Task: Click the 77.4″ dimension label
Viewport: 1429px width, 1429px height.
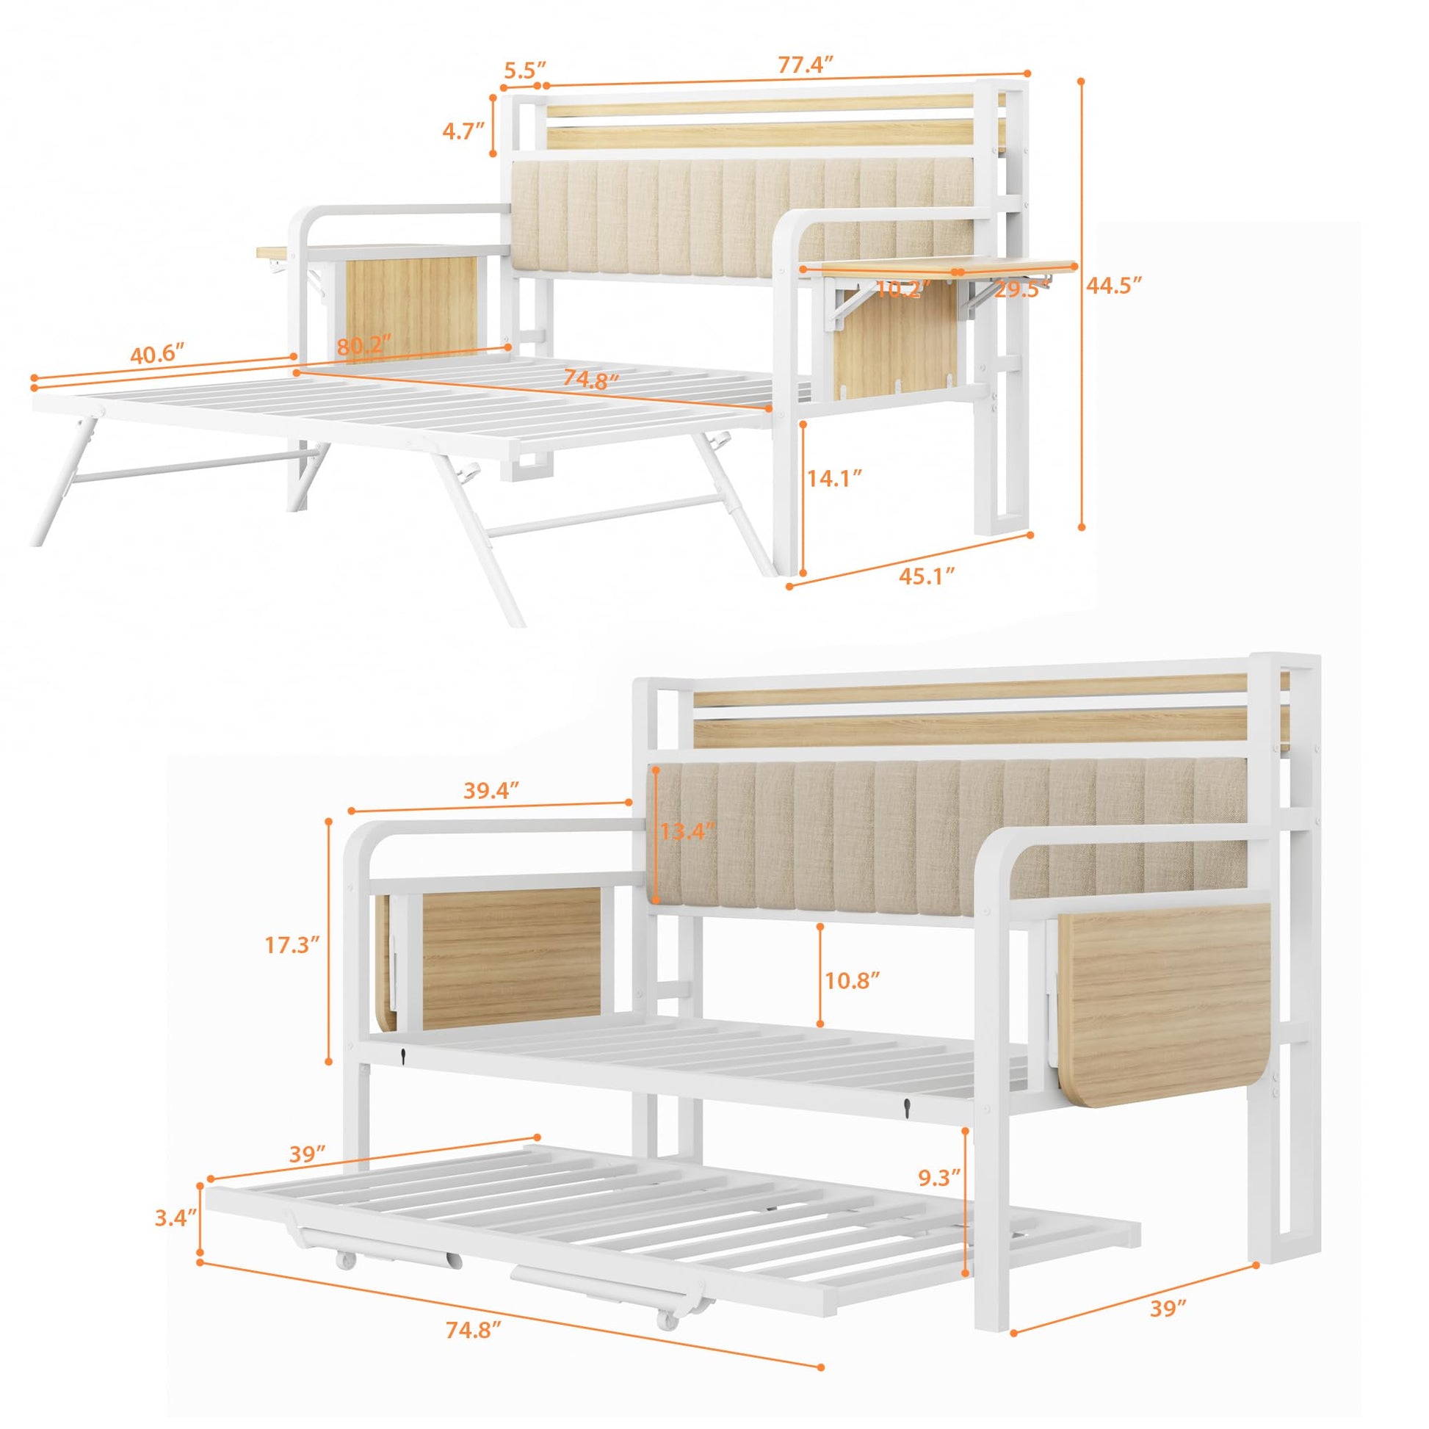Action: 806,65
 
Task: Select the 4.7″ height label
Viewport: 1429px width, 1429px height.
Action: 463,131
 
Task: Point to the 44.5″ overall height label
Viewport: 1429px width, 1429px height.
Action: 1114,285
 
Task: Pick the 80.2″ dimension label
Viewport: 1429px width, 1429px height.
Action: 364,346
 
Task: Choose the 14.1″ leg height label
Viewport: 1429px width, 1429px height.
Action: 834,479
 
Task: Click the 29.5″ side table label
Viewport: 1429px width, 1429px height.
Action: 1021,289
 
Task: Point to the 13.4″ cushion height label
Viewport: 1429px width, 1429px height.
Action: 688,831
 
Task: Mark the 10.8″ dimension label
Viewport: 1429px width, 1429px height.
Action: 851,981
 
